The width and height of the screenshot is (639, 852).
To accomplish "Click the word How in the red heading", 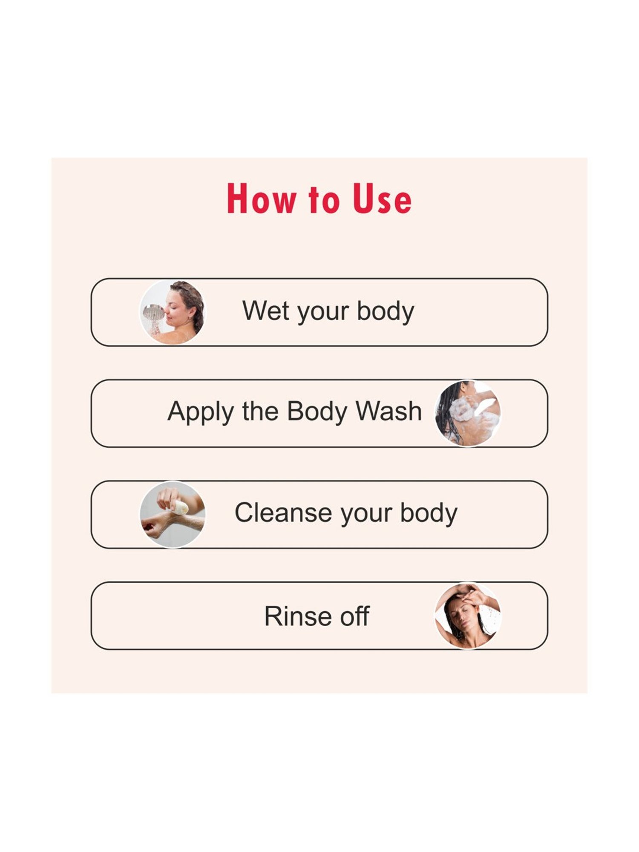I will click(x=261, y=199).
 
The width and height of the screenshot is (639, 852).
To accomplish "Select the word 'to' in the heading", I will click(x=324, y=199).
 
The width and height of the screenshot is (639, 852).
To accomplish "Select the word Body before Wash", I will click(x=317, y=412).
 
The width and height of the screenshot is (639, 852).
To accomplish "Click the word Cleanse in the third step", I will click(x=282, y=512).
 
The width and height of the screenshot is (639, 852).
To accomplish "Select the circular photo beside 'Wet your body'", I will click(x=172, y=312).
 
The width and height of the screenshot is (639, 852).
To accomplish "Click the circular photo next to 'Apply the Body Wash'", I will click(x=467, y=413).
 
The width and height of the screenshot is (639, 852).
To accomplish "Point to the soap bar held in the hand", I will click(x=180, y=507).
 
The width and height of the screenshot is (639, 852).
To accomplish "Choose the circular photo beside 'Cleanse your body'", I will click(x=172, y=514).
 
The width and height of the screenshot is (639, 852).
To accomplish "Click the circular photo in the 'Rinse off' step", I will click(x=467, y=616).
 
